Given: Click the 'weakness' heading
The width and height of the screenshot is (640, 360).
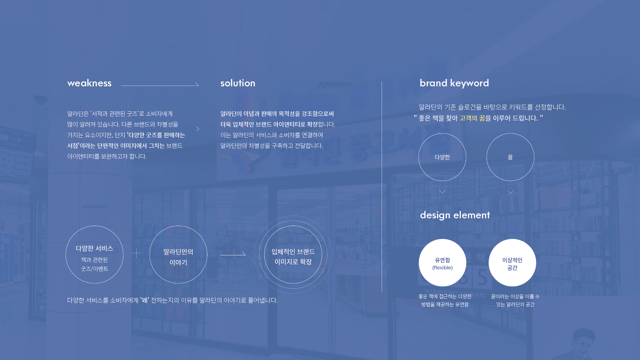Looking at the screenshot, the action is tap(89, 83).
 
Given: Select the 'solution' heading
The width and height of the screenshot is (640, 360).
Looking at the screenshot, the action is tap(238, 83).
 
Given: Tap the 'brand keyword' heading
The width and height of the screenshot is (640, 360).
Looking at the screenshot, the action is tap(454, 83).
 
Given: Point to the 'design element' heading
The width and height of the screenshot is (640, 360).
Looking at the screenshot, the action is tap(455, 215).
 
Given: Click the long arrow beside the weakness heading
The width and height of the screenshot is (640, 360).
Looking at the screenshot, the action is tap(160, 86).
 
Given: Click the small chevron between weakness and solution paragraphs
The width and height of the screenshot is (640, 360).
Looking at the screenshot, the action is tap(198, 129).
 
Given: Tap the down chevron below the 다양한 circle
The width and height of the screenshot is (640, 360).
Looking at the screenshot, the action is tap(442, 192).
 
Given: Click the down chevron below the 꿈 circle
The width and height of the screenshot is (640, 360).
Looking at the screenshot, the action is tap(510, 192).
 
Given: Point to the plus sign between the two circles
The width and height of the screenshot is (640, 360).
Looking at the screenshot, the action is tap(136, 253).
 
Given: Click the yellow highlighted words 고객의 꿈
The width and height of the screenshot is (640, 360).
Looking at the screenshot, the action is tap(472, 118).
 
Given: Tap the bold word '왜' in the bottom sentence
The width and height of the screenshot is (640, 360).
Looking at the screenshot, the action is tap(145, 300).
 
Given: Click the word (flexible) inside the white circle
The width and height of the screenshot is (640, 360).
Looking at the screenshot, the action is tap(442, 268).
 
